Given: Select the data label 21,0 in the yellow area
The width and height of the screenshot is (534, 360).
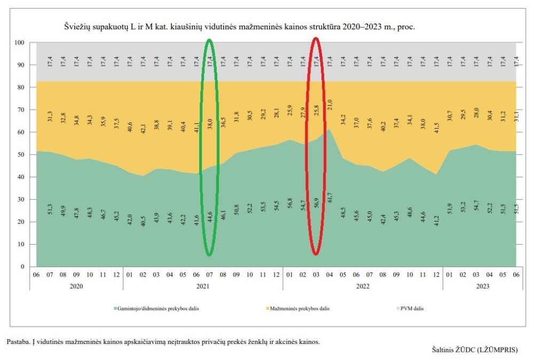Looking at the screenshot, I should [329, 105].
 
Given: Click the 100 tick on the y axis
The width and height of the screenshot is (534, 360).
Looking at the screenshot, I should [20, 43].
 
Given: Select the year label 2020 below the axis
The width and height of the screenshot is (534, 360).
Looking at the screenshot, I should [76, 286].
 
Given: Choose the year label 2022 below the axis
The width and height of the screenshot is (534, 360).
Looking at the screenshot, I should [363, 286].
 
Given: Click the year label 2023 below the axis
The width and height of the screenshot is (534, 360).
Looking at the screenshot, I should [483, 286].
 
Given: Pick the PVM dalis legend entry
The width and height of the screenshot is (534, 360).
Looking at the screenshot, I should [411, 308].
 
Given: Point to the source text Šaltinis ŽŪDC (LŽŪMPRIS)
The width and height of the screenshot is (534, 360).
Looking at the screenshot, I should [475, 350].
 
